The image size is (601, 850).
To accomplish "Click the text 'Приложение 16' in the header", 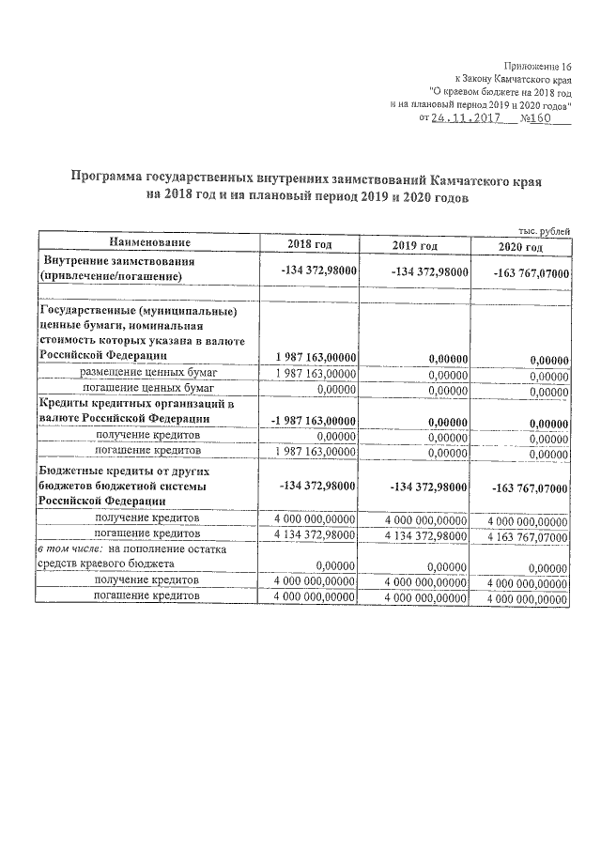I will tap(537, 66).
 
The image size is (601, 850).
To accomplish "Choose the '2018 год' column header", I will tap(310, 245).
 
